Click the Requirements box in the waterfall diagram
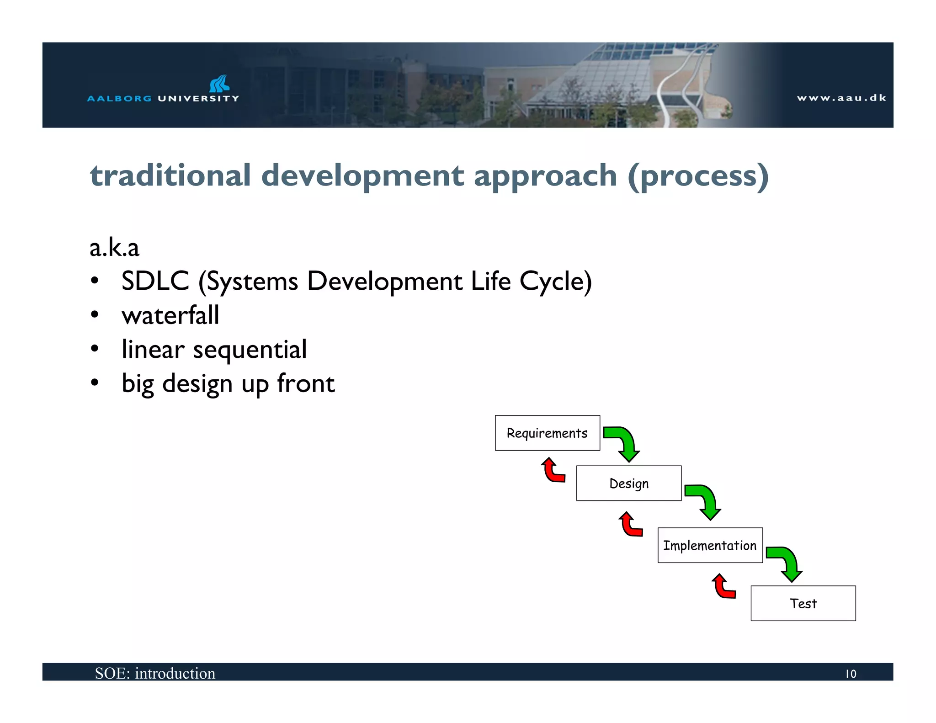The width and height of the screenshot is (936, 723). [x=547, y=433]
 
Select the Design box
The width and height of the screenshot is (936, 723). [x=628, y=483]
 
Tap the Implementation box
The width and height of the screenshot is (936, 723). [x=710, y=545]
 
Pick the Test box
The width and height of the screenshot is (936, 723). [x=803, y=603]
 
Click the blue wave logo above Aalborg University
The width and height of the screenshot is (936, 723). [x=219, y=84]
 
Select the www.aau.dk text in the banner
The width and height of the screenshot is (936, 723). [x=841, y=98]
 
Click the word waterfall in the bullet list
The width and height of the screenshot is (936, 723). [x=170, y=315]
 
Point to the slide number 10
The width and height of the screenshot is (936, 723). [x=851, y=674]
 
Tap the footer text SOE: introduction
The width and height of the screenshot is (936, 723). [x=155, y=673]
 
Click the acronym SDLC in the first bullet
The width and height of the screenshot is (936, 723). [x=155, y=281]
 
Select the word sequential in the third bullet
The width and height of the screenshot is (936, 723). [x=250, y=350]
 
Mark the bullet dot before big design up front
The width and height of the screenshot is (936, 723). [x=95, y=383]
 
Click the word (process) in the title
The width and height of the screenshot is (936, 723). [x=698, y=176]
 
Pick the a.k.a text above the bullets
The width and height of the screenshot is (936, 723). [x=114, y=248]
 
